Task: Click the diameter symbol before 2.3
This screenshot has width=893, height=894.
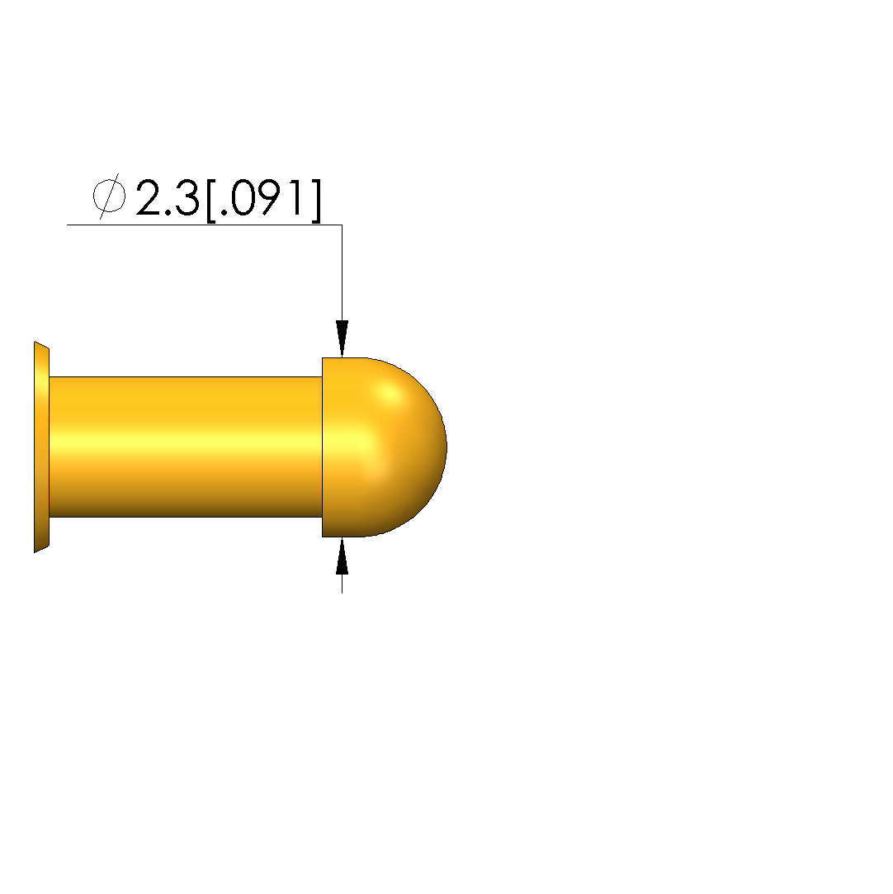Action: click(109, 196)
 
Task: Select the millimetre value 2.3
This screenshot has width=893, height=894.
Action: click(168, 197)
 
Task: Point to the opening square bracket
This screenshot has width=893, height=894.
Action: click(210, 201)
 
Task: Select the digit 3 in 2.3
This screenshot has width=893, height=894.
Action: click(187, 197)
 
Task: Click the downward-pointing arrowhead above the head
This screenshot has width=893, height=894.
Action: click(342, 338)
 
